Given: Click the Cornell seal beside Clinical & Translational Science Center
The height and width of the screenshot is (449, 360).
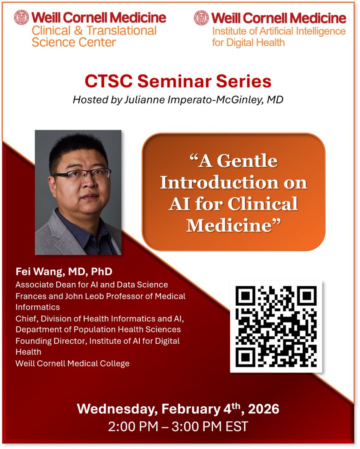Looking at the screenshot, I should [x=22, y=18].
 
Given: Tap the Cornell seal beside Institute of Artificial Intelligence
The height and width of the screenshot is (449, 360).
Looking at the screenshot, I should [x=201, y=18].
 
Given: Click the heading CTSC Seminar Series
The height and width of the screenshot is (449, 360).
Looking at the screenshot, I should [x=178, y=81].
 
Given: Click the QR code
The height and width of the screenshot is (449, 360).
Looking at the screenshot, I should [x=276, y=326].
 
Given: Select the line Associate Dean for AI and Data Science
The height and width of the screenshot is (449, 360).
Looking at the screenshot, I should [x=92, y=285].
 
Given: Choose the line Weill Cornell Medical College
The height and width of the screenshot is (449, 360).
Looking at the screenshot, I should [x=73, y=363].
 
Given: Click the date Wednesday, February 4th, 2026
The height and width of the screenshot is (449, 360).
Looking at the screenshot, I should [x=178, y=409].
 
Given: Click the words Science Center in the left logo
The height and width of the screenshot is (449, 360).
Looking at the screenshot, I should [x=73, y=42].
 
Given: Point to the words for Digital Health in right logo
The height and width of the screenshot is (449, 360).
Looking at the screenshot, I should [x=248, y=42].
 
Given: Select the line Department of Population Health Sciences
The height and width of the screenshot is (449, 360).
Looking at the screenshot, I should [x=98, y=330].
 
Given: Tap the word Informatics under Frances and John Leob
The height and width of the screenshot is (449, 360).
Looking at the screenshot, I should [x=37, y=307].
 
